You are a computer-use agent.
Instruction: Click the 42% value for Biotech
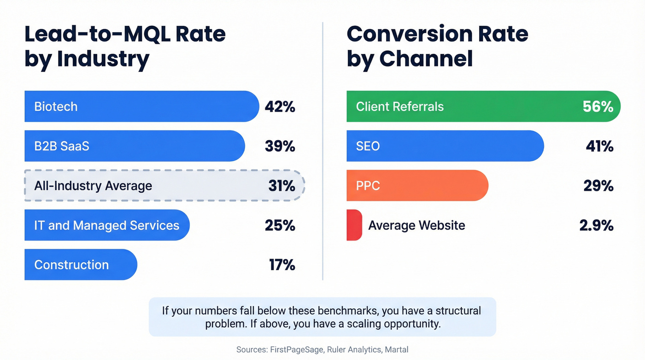280,106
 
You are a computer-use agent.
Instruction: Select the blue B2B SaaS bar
134,146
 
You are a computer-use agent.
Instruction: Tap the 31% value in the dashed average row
281,186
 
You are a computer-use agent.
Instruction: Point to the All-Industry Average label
93,186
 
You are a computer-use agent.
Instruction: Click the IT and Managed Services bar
106,225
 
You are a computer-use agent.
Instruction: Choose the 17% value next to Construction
281,265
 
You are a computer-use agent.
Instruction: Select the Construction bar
81,265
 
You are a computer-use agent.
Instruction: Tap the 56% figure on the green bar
598,106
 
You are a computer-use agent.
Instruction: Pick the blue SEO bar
445,146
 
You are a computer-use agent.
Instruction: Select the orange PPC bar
417,186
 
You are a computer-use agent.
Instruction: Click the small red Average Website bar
354,225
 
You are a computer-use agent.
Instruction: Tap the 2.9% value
596,225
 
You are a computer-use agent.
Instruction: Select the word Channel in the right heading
426,59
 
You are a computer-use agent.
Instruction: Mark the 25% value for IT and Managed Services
280,225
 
